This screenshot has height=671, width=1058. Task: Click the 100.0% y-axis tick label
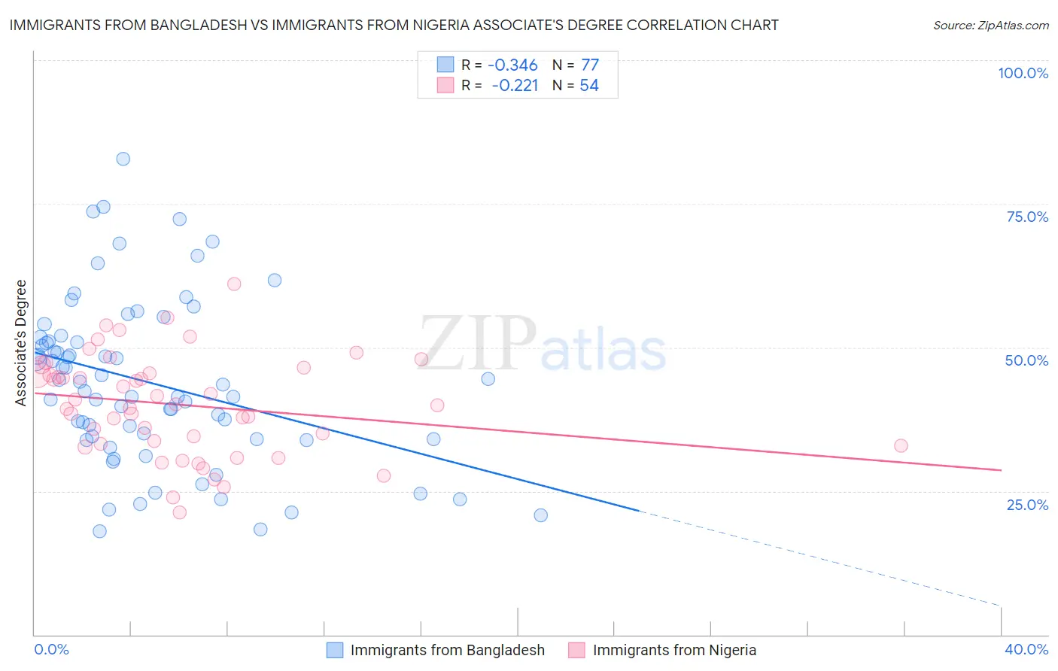coord(1023,73)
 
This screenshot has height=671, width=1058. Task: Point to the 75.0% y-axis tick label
coord(1027,217)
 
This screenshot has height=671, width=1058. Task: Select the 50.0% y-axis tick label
coord(1026,360)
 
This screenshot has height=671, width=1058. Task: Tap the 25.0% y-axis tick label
coord(1027,504)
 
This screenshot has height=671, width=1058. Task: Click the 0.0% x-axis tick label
coord(51,649)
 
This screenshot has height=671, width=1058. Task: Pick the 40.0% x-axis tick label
coord(1026,649)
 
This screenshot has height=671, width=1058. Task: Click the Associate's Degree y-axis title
coord(21,343)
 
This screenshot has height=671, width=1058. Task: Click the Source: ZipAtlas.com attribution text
coord(990,25)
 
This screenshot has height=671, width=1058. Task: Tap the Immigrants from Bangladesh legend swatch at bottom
coord(335,650)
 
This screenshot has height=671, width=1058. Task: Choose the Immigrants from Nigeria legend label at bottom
coord(674,650)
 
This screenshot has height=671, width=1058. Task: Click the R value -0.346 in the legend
coord(512,65)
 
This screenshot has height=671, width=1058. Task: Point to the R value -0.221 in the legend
coord(515,86)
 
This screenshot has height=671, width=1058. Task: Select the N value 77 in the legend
coord(590,65)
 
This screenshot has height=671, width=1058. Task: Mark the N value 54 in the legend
coord(589,86)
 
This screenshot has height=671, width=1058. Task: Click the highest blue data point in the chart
coord(123,159)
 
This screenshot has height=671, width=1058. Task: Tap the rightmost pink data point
coord(901,445)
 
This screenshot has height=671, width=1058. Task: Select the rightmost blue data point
coord(540,515)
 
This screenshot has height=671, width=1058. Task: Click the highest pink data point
coord(234,284)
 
